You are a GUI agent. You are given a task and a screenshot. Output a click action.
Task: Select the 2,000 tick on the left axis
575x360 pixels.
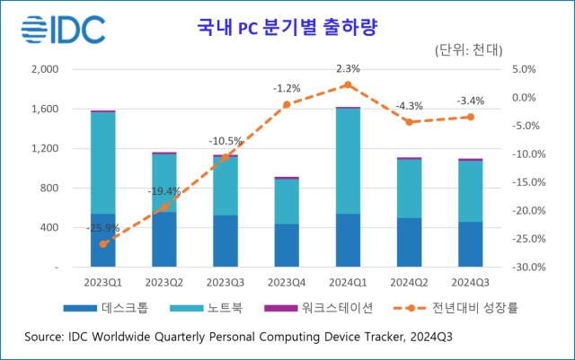(x=44, y=69)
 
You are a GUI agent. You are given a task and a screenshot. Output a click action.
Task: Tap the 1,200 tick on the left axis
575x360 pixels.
(x=44, y=149)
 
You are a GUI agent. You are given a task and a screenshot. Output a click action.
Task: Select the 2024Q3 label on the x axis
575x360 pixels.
(x=470, y=281)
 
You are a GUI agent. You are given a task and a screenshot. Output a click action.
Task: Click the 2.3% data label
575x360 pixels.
(x=349, y=68)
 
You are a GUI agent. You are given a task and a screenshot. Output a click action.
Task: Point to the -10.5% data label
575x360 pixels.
(x=226, y=141)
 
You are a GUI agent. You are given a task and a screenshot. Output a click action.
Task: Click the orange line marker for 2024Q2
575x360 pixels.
(x=410, y=122)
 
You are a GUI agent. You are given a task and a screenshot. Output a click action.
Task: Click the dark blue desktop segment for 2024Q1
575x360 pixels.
(x=348, y=241)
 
